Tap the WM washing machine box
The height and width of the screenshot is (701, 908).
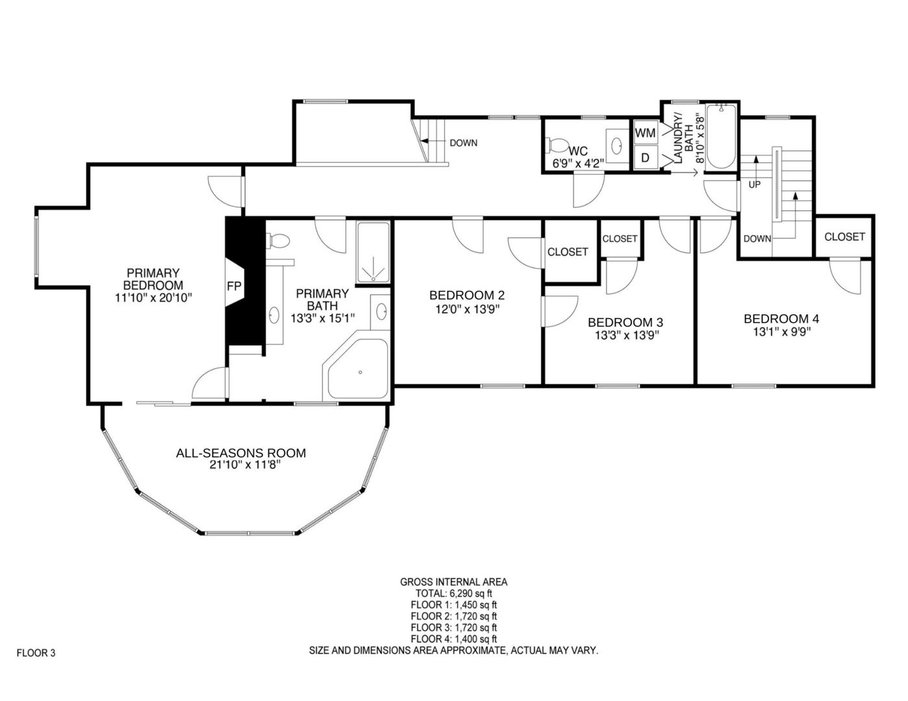pos(646,133)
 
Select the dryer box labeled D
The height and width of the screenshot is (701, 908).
pos(646,158)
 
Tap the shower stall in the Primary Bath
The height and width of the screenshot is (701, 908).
pos(373,254)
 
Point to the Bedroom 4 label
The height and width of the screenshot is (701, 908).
pos(781,319)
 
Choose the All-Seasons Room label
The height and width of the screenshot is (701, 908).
pos(241,453)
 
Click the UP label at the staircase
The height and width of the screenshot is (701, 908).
pos(755,184)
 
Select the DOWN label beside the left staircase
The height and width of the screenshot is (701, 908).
pos(463,143)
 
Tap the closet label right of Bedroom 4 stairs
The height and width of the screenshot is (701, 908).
pos(844,237)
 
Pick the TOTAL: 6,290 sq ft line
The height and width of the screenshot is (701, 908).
pos(454,593)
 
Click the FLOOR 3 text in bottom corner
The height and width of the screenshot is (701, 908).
pos(36,653)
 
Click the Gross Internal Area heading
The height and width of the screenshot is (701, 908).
pos(454,582)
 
